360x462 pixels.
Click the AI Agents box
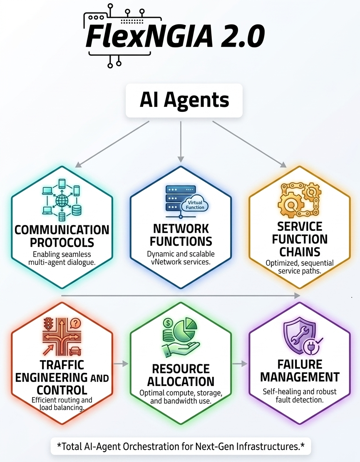click(x=184, y=100)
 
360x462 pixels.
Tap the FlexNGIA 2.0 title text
click(x=175, y=37)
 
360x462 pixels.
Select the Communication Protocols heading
click(x=62, y=235)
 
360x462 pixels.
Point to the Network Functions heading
click(x=181, y=235)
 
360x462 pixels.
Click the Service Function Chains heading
click(x=300, y=239)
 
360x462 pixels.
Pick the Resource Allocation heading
click(x=181, y=375)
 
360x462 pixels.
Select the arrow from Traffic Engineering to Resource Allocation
click(x=121, y=364)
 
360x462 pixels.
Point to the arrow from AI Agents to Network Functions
click(x=181, y=141)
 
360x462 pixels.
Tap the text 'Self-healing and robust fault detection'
click(x=300, y=396)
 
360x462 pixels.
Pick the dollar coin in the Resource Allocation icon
click(x=169, y=323)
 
